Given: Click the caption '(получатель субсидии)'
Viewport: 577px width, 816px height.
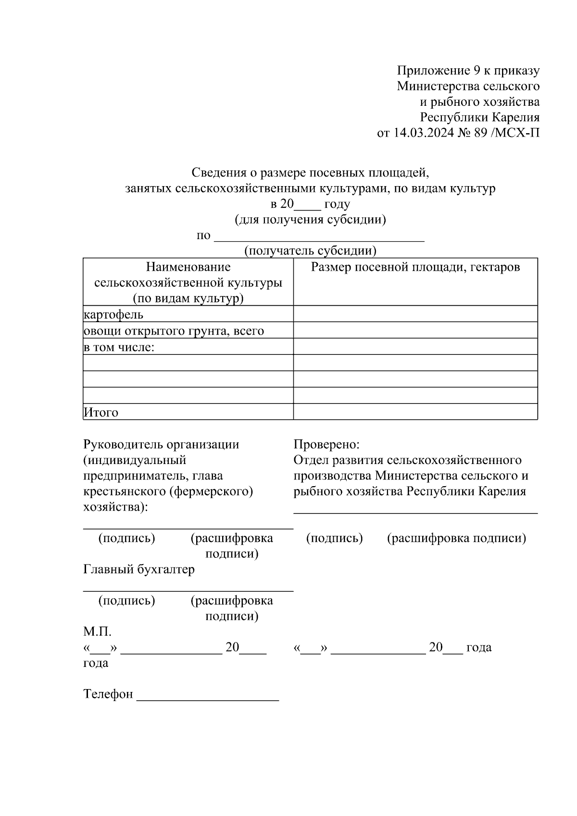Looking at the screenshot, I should point(310,251).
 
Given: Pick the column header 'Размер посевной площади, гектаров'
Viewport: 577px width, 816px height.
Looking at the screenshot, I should point(415,267).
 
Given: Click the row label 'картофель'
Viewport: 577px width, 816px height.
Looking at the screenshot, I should point(113,314).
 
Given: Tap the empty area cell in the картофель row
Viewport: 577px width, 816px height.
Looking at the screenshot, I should point(415,314).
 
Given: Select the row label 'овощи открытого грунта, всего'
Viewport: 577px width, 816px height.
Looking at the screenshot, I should point(174,331).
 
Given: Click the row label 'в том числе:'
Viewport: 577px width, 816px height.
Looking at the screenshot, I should point(119,347).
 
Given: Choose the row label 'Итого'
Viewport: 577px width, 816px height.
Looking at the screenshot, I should point(101,412).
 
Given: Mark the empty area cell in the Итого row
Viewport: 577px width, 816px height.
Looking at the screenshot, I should point(415,412).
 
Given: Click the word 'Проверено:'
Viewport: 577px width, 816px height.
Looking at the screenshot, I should point(326,444).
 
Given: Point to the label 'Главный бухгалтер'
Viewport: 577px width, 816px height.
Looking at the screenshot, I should point(139,569).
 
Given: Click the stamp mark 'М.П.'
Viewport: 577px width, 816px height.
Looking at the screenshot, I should point(97,631).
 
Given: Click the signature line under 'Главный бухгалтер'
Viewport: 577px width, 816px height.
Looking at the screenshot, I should point(188,590).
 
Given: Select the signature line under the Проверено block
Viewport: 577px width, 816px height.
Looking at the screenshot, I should point(415,513).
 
